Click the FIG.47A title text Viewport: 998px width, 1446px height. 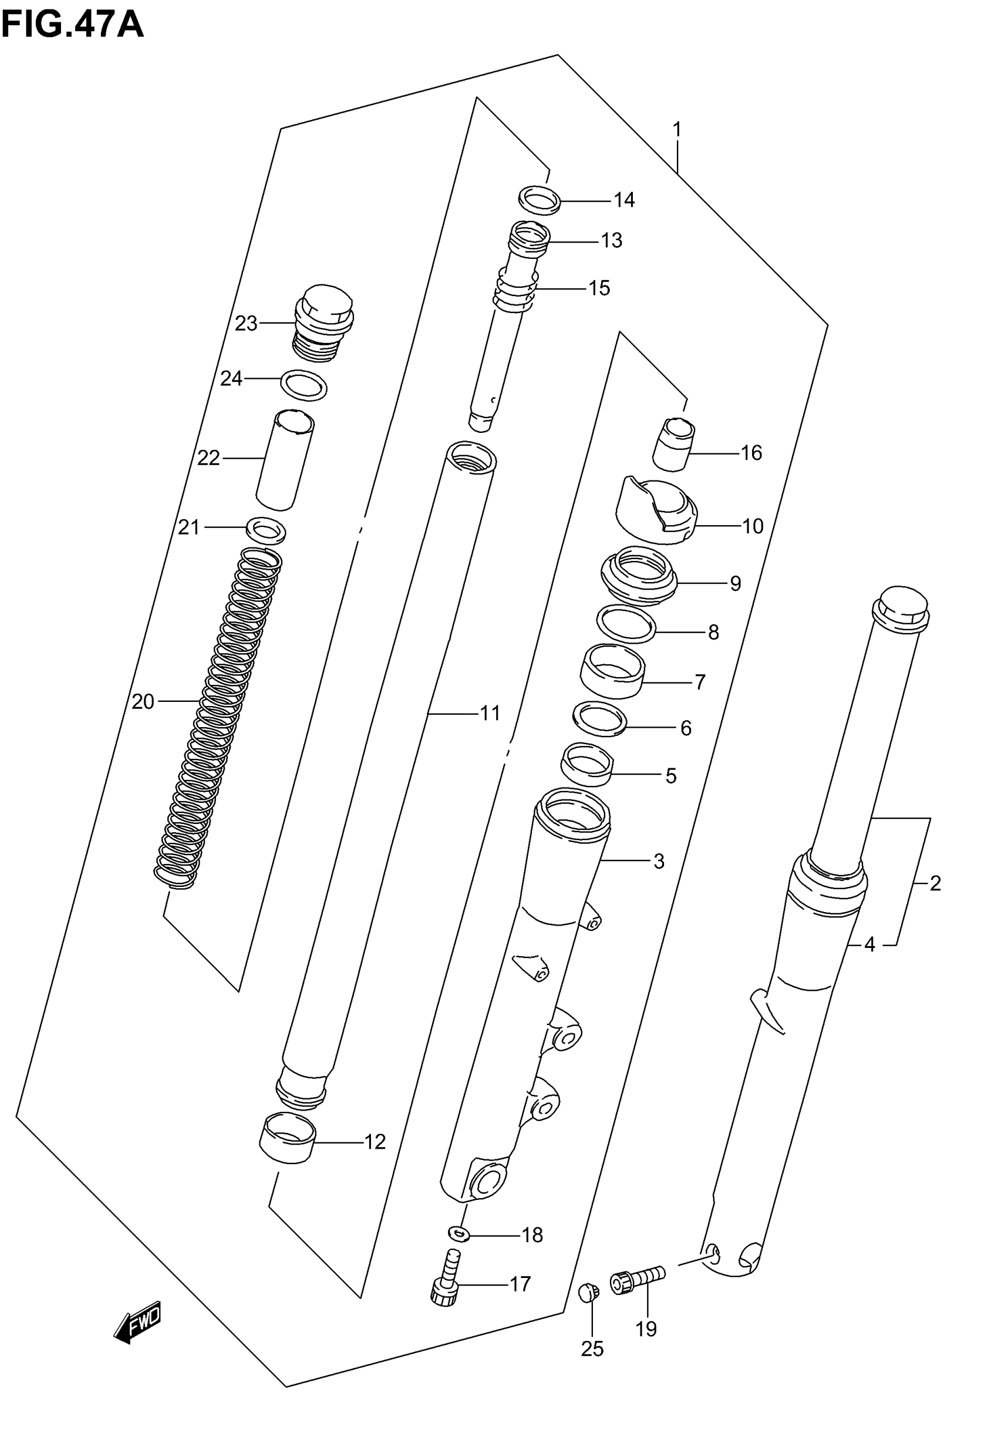point(73,25)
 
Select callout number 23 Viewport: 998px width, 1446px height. point(246,324)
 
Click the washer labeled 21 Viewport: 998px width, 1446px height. point(267,530)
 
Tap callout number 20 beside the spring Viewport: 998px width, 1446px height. point(143,702)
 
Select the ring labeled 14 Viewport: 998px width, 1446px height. point(539,200)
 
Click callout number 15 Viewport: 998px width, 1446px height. point(599,288)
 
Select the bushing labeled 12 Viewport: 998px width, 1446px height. point(288,1139)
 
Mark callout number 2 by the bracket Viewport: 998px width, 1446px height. point(935,883)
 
